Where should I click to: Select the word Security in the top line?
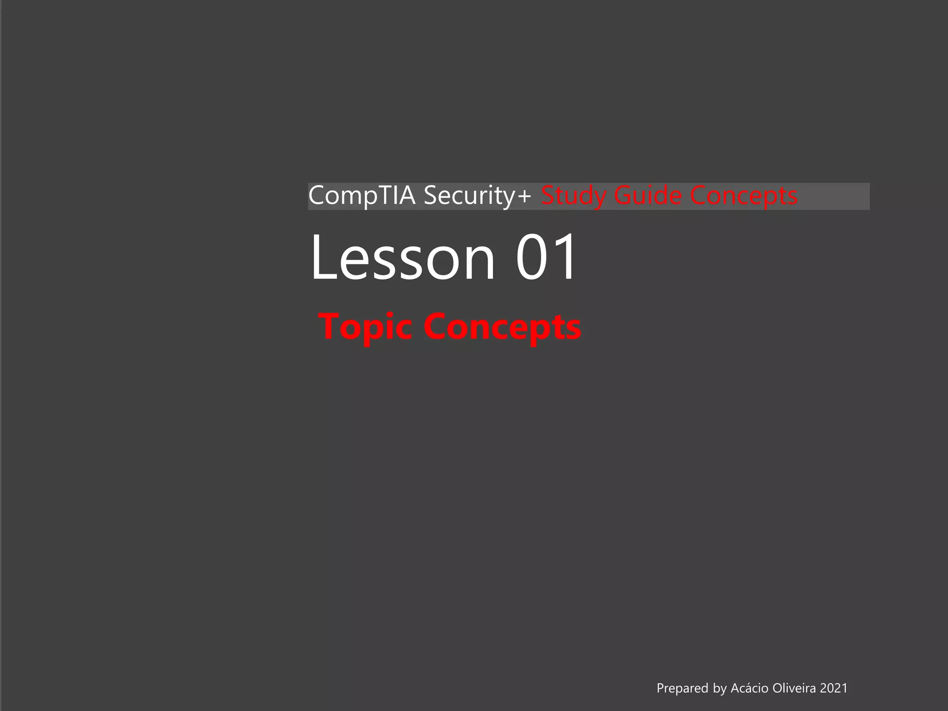coord(469,195)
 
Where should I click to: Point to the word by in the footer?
coord(720,689)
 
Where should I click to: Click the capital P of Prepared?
coord(661,688)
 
